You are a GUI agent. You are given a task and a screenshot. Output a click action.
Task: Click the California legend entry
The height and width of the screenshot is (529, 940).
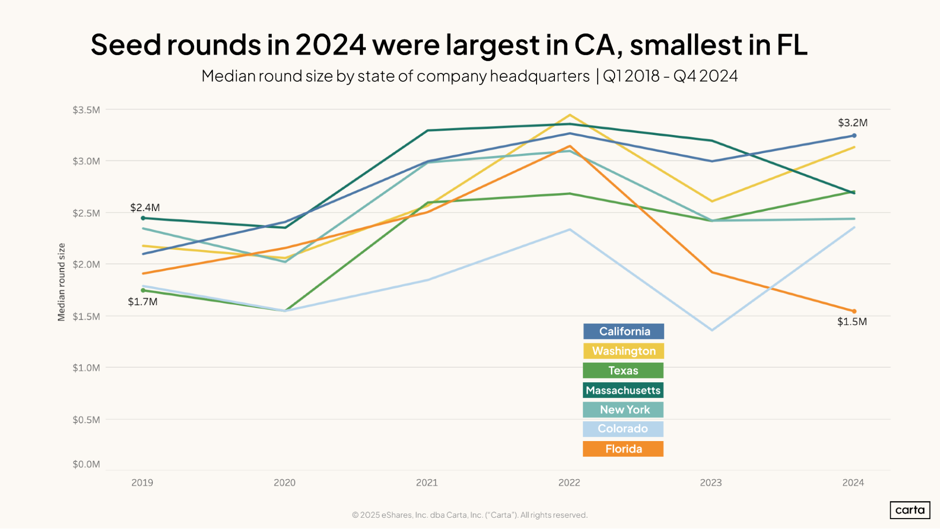[x=624, y=332]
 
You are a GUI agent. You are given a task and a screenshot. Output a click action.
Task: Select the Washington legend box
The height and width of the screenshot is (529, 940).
[x=624, y=351]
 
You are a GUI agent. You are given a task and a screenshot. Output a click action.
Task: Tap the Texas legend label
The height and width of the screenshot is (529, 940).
[x=623, y=371]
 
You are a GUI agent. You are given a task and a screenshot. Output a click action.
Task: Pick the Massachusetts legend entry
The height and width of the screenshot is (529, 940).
[x=623, y=390]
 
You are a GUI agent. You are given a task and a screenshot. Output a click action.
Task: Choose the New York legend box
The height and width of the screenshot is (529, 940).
[x=623, y=410]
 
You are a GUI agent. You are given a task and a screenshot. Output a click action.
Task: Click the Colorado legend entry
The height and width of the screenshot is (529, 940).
[x=623, y=429]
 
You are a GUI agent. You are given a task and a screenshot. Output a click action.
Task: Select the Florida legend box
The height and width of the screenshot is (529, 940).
[x=623, y=449]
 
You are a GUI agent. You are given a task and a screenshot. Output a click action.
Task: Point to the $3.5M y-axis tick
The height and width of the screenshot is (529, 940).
[x=86, y=110]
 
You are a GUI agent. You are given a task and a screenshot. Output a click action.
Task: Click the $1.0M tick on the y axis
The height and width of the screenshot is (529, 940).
[x=86, y=368]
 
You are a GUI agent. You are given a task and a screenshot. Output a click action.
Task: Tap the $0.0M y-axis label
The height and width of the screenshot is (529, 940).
[x=86, y=465]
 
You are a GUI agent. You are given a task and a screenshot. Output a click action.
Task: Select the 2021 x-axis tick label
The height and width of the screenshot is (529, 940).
[x=427, y=482]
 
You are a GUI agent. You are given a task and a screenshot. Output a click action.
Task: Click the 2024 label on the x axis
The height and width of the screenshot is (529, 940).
[x=853, y=482]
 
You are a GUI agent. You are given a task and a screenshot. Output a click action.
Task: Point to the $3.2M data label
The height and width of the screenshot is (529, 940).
[x=853, y=123]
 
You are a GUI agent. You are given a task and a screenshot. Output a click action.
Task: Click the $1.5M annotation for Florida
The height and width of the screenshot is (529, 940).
[x=852, y=322]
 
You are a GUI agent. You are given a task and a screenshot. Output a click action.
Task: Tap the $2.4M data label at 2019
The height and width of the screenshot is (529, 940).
[x=145, y=207]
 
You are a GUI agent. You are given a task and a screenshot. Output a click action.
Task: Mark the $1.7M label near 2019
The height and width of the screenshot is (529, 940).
[x=142, y=302]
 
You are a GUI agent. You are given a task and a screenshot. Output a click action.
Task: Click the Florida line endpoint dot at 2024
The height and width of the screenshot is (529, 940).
[x=854, y=311]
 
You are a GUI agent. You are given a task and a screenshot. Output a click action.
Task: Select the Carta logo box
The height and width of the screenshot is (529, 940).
[x=909, y=510]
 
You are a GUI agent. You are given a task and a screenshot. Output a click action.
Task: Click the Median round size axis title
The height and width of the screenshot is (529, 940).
[x=61, y=282]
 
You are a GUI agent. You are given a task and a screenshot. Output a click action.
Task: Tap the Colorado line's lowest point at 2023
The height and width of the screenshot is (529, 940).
[x=712, y=330]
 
